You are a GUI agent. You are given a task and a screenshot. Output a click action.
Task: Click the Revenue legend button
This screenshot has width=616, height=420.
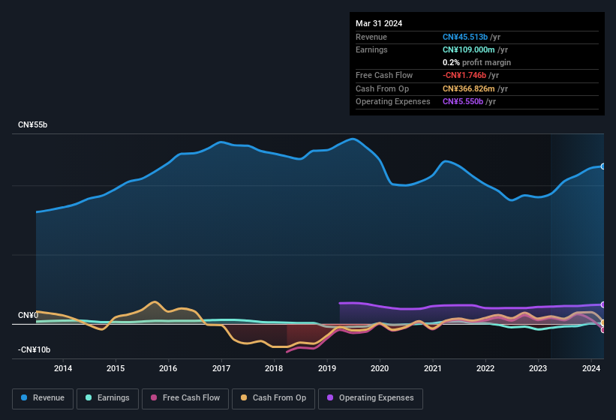click(44, 398)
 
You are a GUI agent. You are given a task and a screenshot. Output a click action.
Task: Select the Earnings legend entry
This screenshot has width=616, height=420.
click(107, 398)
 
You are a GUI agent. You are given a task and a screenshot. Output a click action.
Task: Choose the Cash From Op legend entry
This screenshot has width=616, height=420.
click(273, 398)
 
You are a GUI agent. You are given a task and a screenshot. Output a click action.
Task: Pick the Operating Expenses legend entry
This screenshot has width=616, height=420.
click(371, 398)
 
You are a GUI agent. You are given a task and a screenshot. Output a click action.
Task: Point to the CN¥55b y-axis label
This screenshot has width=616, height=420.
click(33, 125)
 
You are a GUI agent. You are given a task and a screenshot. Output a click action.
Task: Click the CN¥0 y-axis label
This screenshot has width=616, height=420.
click(29, 315)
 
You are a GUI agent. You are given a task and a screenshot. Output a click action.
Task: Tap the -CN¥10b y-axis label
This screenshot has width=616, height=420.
click(35, 350)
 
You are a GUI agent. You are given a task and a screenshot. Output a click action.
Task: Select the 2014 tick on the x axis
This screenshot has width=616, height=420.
click(63, 368)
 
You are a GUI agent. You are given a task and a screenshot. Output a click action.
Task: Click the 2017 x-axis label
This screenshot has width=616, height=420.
click(221, 368)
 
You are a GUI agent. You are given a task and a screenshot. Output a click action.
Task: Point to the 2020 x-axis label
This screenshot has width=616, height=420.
click(380, 368)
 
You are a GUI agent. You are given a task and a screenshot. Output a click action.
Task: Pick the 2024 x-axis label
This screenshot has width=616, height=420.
click(591, 368)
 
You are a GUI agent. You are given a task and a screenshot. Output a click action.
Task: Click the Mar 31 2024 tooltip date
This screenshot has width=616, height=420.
click(379, 23)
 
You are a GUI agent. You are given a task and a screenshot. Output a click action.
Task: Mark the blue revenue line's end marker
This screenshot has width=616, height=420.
click(602, 166)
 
